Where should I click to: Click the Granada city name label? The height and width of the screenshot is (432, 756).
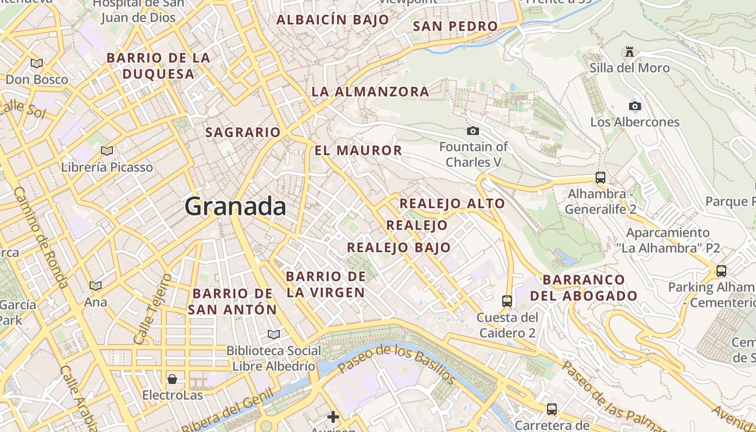pyautogui.click(x=235, y=207)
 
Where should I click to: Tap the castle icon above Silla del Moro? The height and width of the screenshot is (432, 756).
pyautogui.click(x=629, y=52)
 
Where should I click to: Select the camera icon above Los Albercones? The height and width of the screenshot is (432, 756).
pyautogui.click(x=635, y=106)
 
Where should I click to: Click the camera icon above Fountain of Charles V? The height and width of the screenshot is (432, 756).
pyautogui.click(x=473, y=131)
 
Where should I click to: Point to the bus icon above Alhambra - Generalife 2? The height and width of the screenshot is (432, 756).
pyautogui.click(x=600, y=177)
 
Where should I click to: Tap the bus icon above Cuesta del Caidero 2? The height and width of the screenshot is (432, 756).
pyautogui.click(x=507, y=301)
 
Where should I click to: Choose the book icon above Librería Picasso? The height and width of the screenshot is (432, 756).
pyautogui.click(x=107, y=151)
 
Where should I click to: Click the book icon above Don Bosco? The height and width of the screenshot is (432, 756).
pyautogui.click(x=37, y=63)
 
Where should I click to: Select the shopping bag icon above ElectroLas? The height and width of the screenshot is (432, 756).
pyautogui.click(x=172, y=379)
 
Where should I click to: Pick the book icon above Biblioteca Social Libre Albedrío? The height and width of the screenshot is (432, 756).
pyautogui.click(x=274, y=334)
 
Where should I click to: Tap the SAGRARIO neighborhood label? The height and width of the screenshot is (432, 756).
pyautogui.click(x=243, y=132)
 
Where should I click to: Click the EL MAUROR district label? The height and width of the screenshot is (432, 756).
pyautogui.click(x=359, y=151)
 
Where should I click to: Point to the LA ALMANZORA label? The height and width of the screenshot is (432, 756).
pyautogui.click(x=370, y=92)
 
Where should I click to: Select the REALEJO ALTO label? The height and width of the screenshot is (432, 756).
pyautogui.click(x=452, y=204)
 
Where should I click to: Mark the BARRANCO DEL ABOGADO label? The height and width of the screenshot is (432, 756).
pyautogui.click(x=584, y=288)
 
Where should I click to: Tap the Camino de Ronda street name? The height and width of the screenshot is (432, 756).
pyautogui.click(x=40, y=238)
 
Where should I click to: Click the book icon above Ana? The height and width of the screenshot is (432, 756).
pyautogui.click(x=96, y=286)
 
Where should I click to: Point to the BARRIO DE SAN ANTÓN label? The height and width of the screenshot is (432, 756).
pyautogui.click(x=232, y=302)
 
